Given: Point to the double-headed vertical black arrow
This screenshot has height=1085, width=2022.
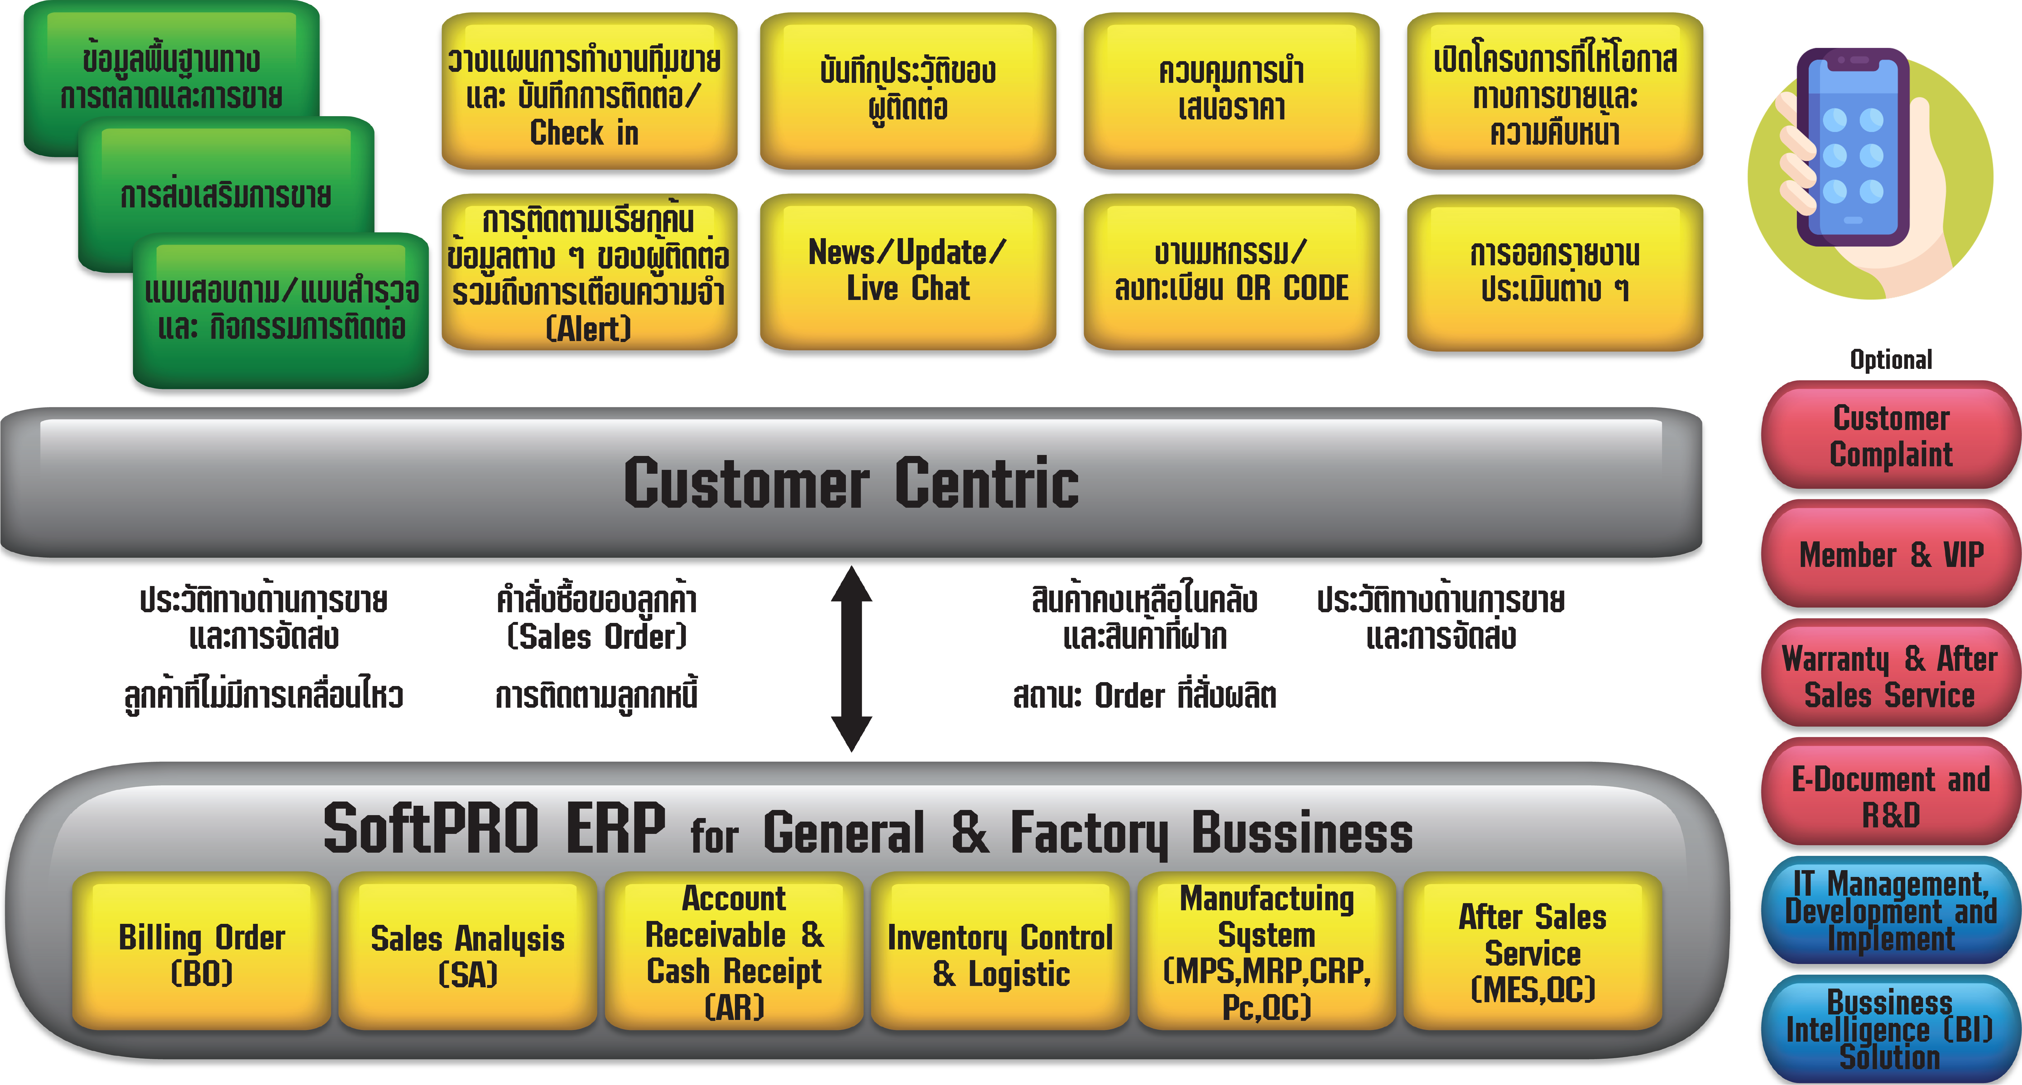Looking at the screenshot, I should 852,659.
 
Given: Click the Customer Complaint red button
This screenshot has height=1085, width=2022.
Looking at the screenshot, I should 1890,437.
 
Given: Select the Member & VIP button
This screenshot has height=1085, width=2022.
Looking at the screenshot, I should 1890,555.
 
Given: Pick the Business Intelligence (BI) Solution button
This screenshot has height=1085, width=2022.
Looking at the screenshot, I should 1890,1029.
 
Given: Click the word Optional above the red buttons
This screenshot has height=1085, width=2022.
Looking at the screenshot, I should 1890,360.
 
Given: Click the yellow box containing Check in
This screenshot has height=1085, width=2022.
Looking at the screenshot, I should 589,94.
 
